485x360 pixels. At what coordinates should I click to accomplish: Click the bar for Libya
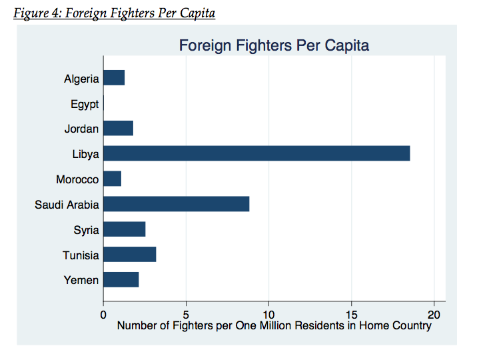tap(256, 154)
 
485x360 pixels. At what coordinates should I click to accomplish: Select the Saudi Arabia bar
tap(177, 205)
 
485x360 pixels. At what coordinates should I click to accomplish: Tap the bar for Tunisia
tap(130, 255)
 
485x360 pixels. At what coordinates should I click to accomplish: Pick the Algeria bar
tap(114, 78)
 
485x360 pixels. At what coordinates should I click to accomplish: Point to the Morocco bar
tap(113, 179)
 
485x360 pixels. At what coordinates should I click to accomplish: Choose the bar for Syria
tap(125, 230)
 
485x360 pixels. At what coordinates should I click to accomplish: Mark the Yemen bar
tap(121, 280)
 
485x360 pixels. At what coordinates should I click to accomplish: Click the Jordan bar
tap(119, 129)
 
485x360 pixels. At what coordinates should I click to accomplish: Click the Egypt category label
tap(85, 104)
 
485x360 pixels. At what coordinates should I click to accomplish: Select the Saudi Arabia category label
tap(67, 205)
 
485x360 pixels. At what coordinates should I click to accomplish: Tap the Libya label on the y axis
tap(86, 154)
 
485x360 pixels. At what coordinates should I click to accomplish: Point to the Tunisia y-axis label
tap(81, 255)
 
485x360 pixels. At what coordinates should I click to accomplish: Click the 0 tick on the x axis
tap(103, 314)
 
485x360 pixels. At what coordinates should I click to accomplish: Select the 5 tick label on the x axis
tap(187, 314)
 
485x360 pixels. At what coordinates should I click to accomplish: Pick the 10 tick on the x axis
tap(268, 314)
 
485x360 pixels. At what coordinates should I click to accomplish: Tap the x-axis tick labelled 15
tap(352, 314)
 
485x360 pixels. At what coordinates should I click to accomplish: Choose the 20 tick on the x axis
tap(434, 314)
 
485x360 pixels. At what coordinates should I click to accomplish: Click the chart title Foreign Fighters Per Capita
tap(274, 45)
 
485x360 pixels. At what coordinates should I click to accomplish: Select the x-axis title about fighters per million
tap(274, 326)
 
